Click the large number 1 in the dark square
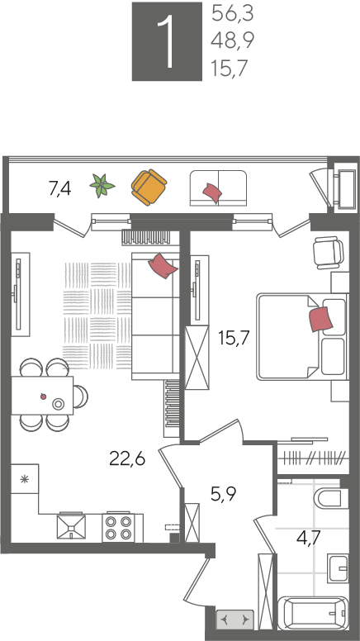pos(167,41)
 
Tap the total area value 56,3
pos(233,14)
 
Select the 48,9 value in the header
pos(233,40)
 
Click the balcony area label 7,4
pos(59,189)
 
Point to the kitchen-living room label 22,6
pos(127,459)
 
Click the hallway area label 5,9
pos(222,495)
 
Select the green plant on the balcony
pos(102,186)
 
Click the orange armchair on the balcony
pos(149,188)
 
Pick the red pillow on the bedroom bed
pos(320,320)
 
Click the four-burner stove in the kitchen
pos(119,528)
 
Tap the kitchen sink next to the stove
pos(71,526)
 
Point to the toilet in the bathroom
pos(330,497)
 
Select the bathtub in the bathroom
pos(313,613)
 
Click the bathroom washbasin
pos(338,568)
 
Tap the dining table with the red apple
pos(42,396)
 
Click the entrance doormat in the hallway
pos(235,620)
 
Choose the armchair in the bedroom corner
pos(328,253)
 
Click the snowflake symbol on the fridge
pos(24,479)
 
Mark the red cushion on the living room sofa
pos(163,266)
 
